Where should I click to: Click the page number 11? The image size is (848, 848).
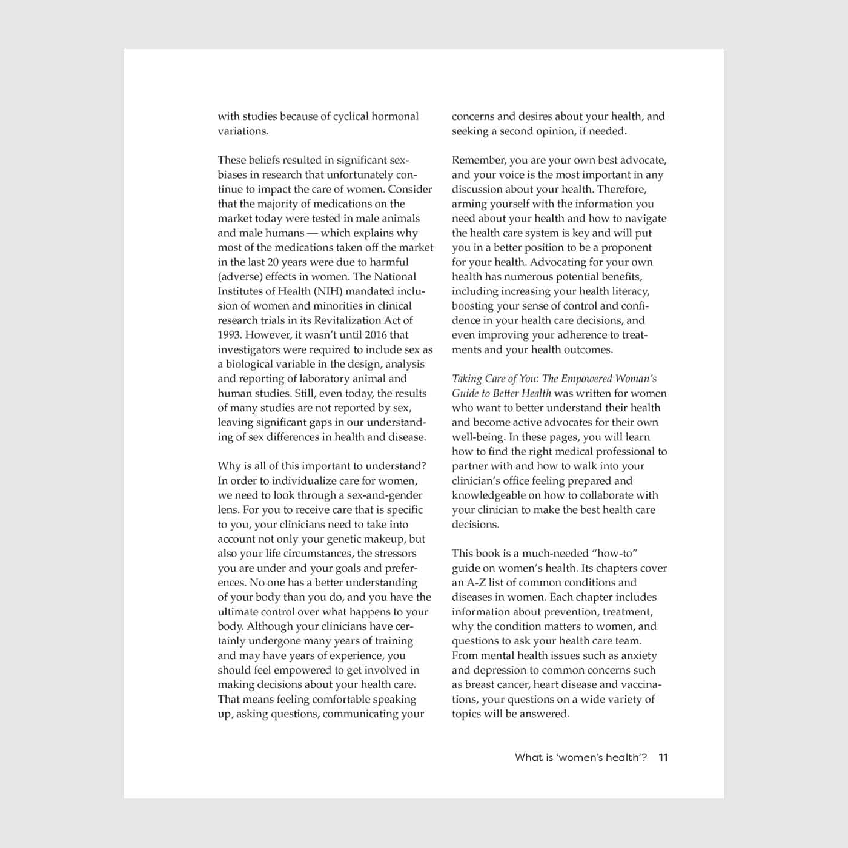tap(663, 757)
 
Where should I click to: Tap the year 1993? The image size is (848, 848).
tap(230, 335)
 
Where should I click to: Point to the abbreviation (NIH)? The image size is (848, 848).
tap(329, 291)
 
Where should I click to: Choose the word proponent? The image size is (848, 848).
tap(622, 248)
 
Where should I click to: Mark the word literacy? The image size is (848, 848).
tap(629, 291)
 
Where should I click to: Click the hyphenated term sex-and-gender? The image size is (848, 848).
tap(385, 495)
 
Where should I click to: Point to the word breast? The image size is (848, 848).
tap(480, 684)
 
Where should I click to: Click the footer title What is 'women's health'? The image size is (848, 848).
tap(581, 757)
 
